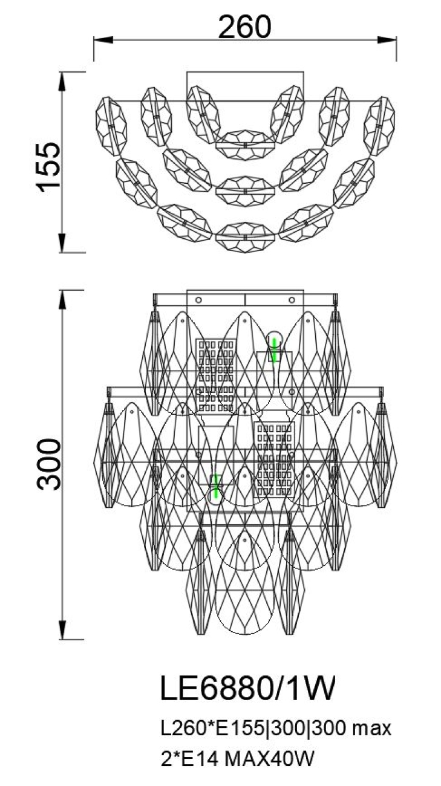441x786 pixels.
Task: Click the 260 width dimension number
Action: [x=245, y=27]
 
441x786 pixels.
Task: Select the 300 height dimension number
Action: [x=48, y=464]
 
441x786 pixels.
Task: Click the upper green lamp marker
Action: [x=274, y=349]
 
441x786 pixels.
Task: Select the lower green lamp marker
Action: [x=216, y=486]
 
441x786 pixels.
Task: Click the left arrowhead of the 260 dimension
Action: [x=103, y=40]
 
